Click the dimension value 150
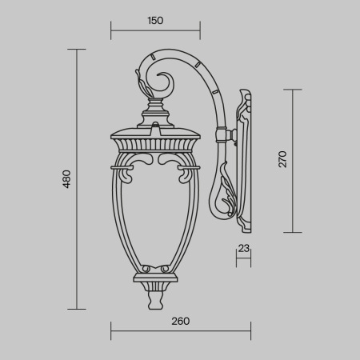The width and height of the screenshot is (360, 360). [155, 21]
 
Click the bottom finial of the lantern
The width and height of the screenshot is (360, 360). [155, 299]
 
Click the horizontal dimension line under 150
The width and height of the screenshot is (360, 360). [155, 33]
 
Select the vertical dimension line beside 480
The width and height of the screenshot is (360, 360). [77, 178]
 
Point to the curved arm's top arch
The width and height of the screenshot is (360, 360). [184, 58]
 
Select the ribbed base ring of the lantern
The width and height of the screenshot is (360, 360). [155, 280]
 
